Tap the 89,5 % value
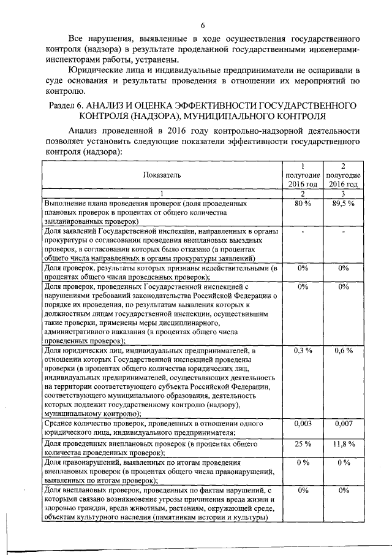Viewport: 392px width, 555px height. coord(344,203)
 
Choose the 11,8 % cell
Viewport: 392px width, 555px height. coord(344,443)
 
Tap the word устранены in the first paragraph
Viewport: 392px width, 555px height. coord(160,59)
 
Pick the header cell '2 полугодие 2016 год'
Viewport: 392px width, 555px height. coord(344,175)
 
